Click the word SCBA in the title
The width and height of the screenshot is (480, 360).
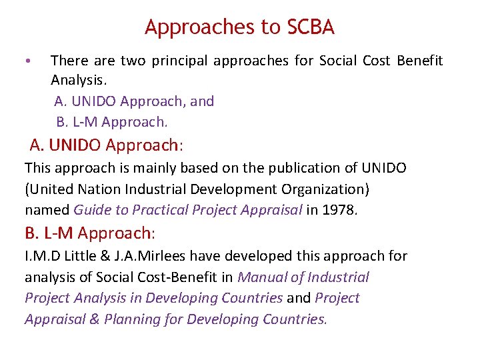coord(311,27)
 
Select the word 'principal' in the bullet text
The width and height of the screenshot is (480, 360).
coord(179,61)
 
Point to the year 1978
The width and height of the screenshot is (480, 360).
coord(340,210)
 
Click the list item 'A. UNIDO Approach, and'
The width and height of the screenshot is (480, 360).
coord(134,101)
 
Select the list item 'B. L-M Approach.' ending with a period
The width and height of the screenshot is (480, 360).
coord(112,122)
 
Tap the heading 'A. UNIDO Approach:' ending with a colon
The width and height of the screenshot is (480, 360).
coord(107,145)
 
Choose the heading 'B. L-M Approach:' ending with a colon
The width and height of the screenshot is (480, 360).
coord(90,233)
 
